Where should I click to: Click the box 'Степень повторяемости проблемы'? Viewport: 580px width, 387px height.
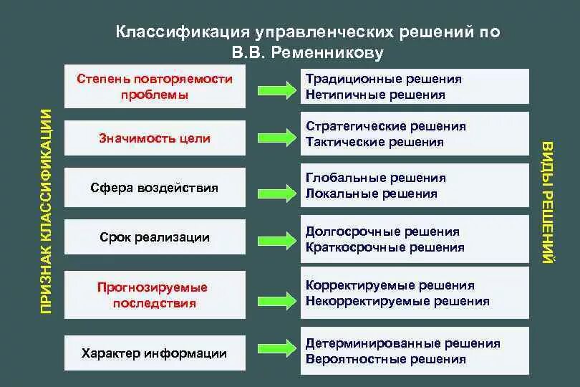(155, 87)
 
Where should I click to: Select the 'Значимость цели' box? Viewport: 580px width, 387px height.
(155, 138)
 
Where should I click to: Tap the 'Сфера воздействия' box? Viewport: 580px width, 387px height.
(155, 188)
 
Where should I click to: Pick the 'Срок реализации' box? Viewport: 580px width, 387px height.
(155, 237)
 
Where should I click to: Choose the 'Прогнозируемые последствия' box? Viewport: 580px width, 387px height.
(155, 295)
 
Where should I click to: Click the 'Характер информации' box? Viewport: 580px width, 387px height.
(155, 353)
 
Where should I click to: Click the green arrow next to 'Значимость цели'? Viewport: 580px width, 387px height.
(275, 138)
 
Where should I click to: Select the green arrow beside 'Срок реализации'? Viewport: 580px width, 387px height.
(275, 238)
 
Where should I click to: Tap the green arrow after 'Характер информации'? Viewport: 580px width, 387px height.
(275, 350)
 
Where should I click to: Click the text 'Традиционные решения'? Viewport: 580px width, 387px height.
(384, 79)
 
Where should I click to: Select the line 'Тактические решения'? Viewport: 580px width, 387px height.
(374, 142)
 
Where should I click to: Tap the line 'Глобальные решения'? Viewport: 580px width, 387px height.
(376, 178)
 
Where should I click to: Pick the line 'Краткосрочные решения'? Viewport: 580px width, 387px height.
(385, 247)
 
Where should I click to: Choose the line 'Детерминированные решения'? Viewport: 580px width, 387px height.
(403, 344)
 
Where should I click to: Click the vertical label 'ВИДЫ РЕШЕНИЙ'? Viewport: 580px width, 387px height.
(548, 204)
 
